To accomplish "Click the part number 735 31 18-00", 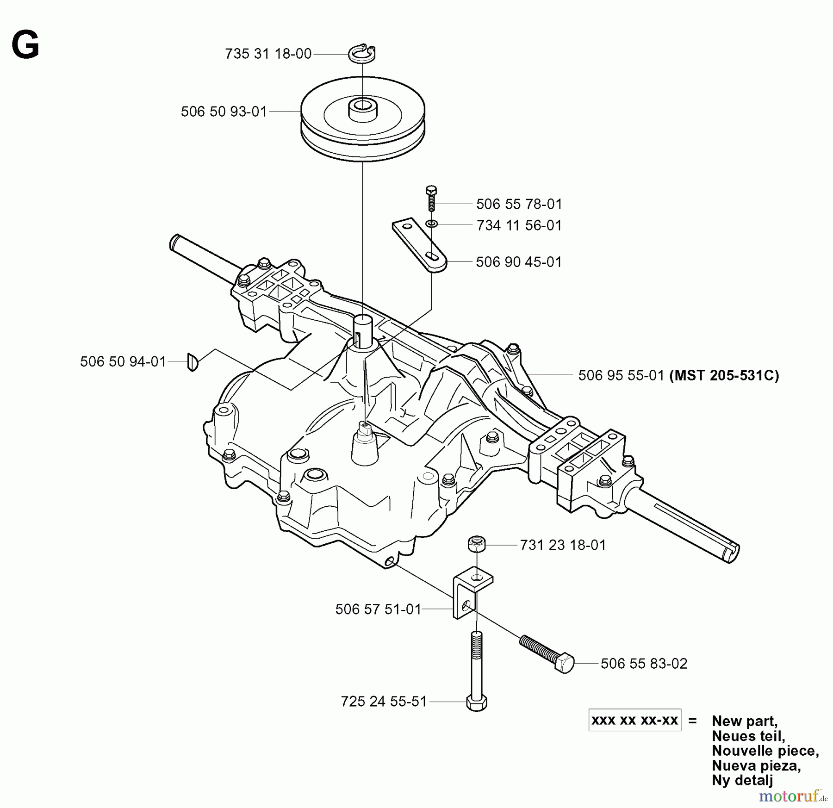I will (268, 54).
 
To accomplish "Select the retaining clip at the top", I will (362, 54).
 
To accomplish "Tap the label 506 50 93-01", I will (224, 112).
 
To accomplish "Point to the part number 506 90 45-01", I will (518, 262).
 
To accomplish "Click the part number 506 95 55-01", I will (621, 375).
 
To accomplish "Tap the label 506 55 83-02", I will (644, 663).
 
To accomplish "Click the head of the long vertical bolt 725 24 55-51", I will (477, 702).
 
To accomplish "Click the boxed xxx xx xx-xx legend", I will (634, 720).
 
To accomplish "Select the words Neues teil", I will (748, 735).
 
